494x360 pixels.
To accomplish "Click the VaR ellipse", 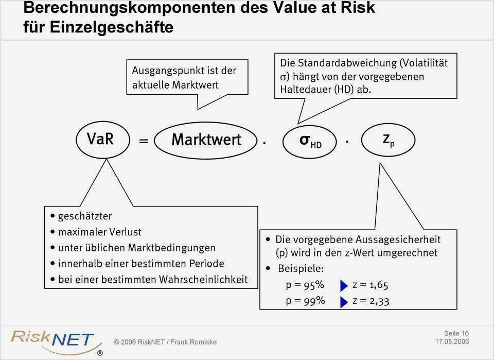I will point(100,139).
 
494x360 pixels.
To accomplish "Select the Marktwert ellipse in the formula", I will point(206,140).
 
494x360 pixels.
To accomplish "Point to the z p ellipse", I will point(388,140).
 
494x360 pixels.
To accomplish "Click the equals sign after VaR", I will point(144,141).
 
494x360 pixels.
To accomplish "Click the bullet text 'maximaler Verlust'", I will point(100,232).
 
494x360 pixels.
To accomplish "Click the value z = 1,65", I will point(370,285).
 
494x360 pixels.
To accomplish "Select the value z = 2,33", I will point(370,301).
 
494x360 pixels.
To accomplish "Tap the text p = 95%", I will point(305,285).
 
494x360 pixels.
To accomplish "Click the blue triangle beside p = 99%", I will point(344,301).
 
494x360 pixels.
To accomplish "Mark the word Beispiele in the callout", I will point(301,269).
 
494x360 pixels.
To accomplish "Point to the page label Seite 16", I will point(456,333).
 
